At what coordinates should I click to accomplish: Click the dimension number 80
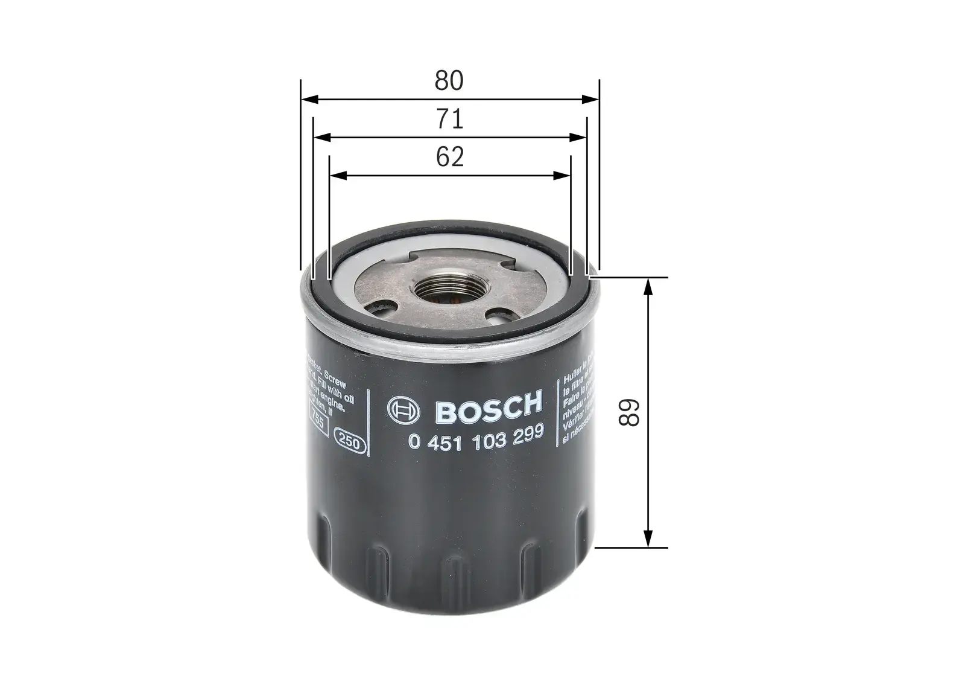[449, 81]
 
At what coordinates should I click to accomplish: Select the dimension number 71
[449, 119]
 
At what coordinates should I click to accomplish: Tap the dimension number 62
[449, 157]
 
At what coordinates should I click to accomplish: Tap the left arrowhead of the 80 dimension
[308, 100]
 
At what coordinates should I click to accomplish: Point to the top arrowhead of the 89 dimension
[648, 286]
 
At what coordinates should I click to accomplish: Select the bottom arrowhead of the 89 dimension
[648, 538]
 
